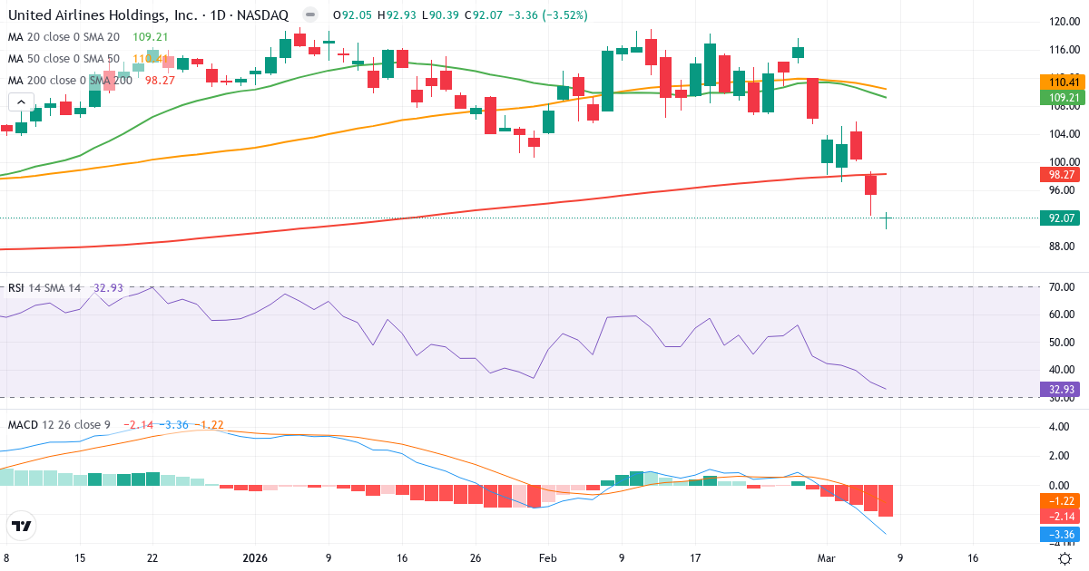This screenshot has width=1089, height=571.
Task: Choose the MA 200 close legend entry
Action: pos(70,80)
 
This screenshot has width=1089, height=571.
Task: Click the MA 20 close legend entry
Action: pos(64,36)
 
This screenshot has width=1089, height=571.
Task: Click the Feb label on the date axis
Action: pos(547,559)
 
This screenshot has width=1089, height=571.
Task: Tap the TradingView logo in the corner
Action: pos(22,526)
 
